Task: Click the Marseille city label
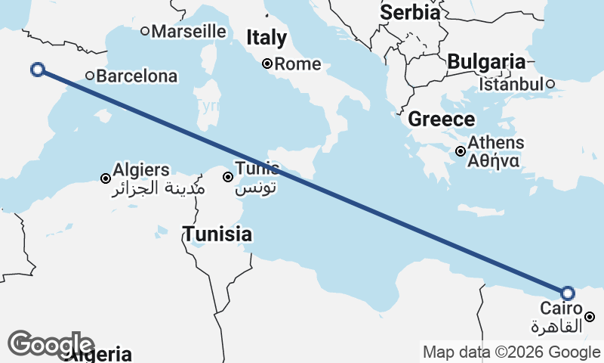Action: (x=189, y=31)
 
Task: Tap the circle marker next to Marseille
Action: (x=145, y=31)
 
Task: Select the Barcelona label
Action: (x=137, y=76)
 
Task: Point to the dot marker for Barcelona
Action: (x=89, y=75)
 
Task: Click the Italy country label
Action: (x=267, y=38)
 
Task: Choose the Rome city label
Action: (x=297, y=64)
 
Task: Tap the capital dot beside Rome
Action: (x=267, y=64)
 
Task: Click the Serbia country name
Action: (x=410, y=12)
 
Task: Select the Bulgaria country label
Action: (x=485, y=62)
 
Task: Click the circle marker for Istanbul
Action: (x=551, y=84)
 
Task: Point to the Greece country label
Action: (x=442, y=119)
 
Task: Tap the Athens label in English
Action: (x=496, y=142)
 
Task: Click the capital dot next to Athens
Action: (x=461, y=151)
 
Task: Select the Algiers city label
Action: (x=141, y=169)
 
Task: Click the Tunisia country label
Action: (x=217, y=234)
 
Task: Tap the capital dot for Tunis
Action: (x=227, y=177)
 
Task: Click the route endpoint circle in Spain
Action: (x=38, y=70)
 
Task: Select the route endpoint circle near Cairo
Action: (x=568, y=293)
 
